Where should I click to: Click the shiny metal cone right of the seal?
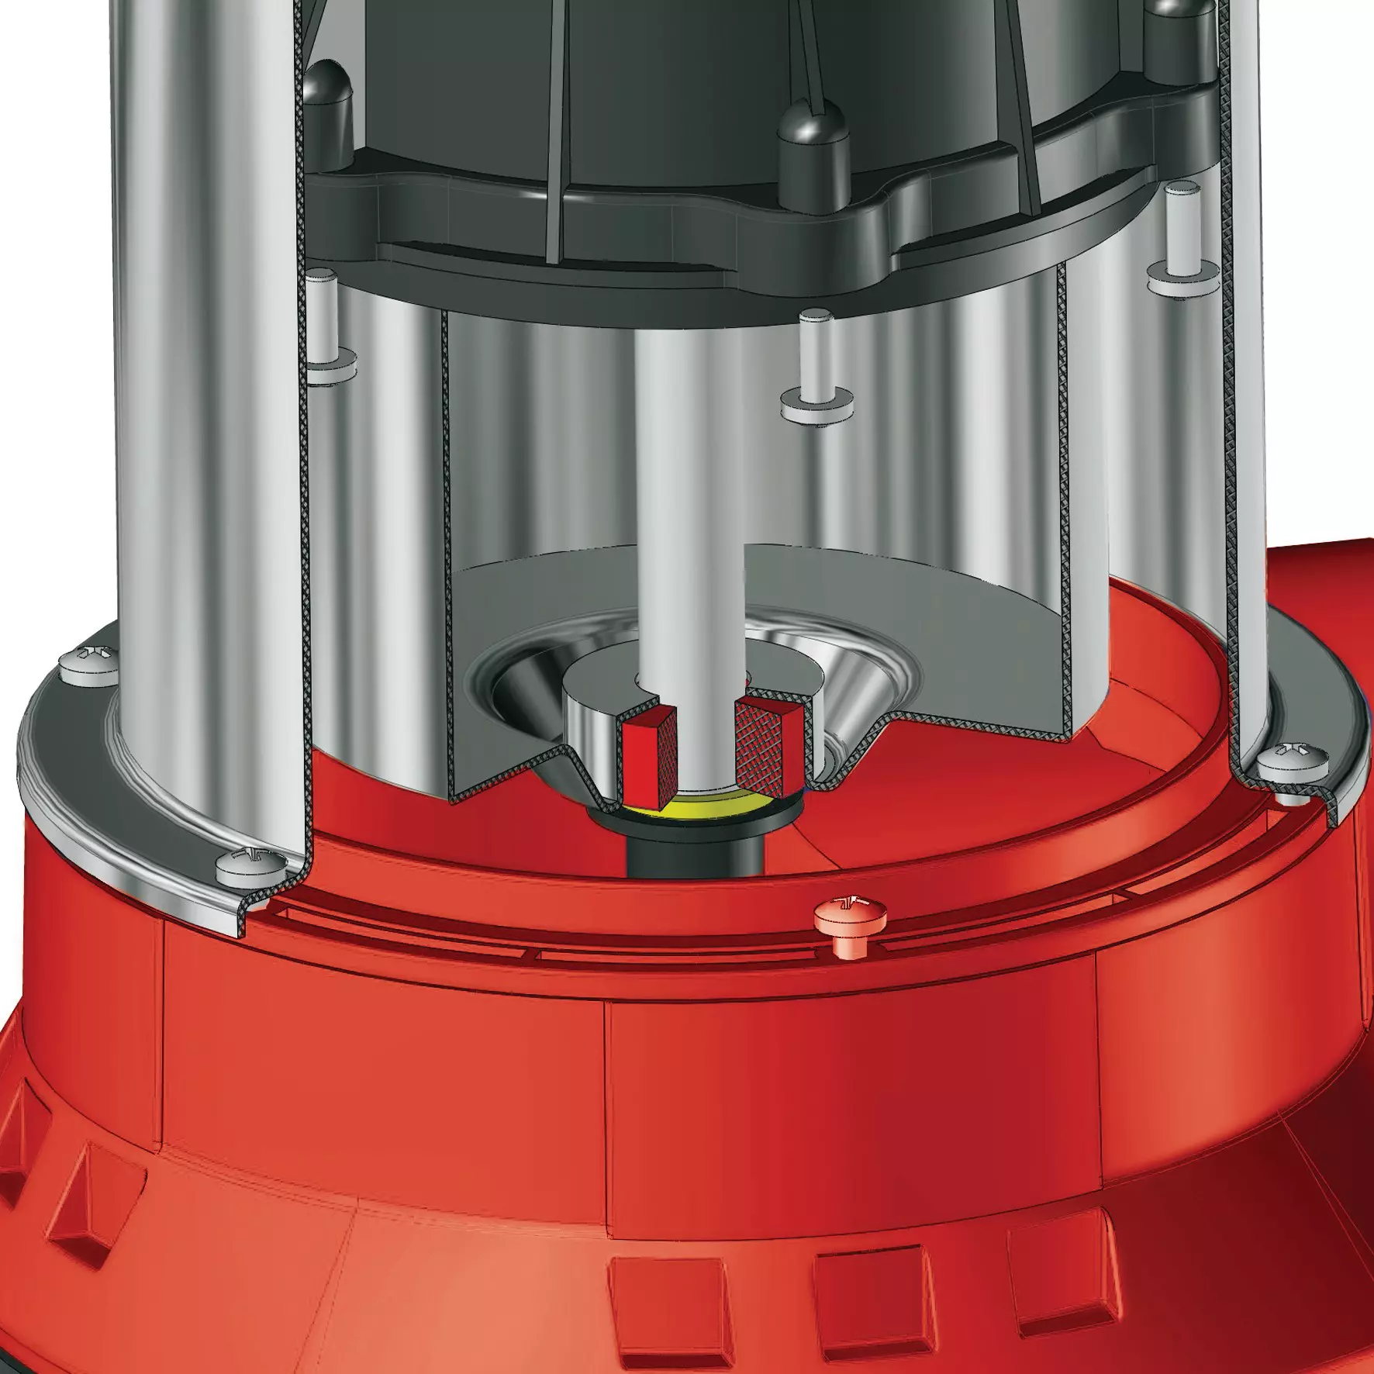(845, 698)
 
